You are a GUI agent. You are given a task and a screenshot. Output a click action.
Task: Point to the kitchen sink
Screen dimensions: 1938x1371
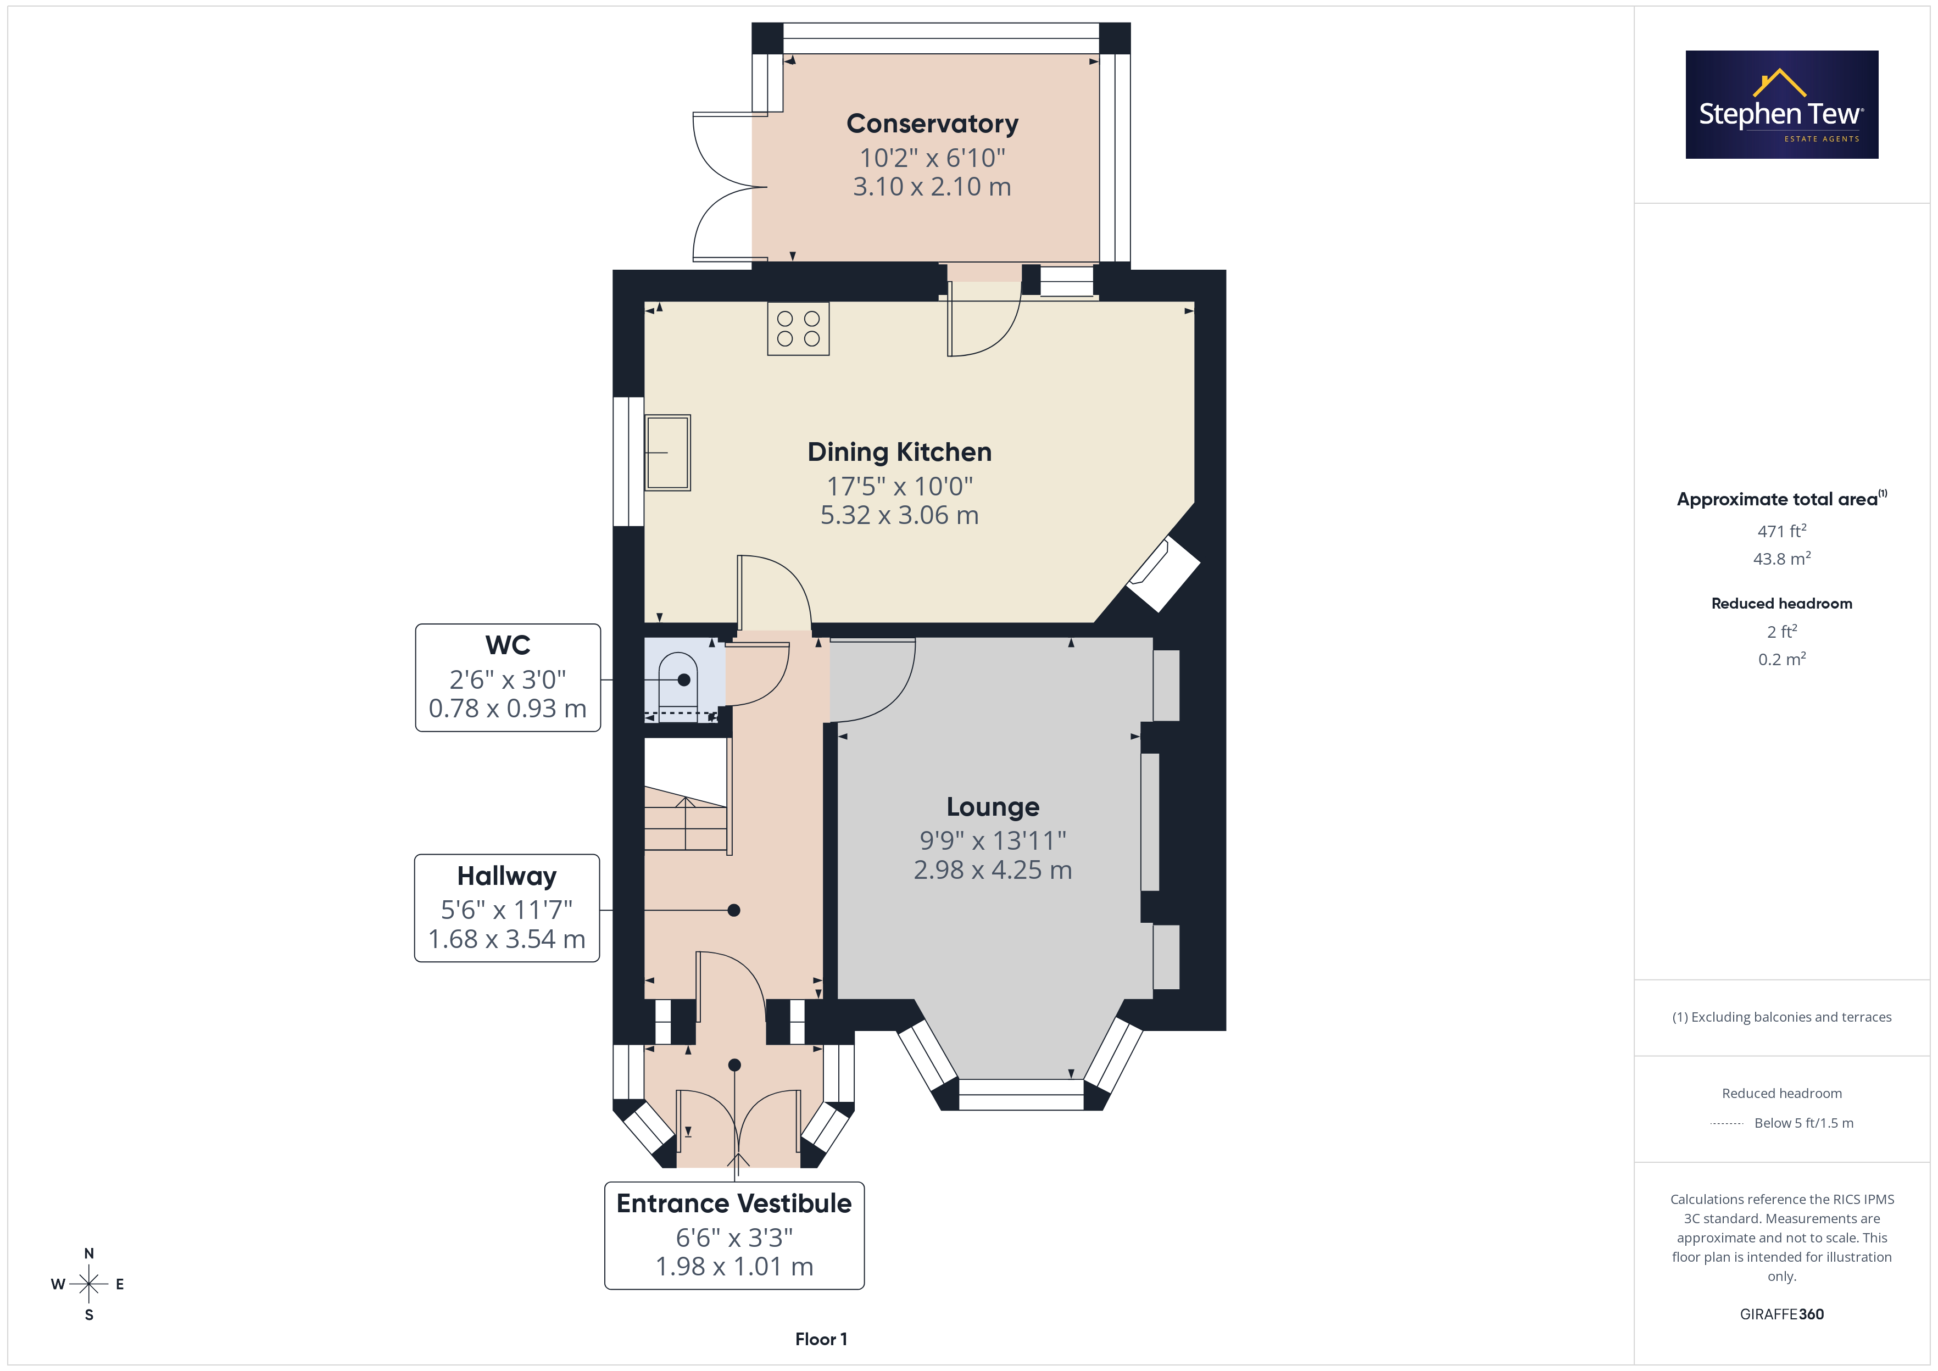(x=667, y=453)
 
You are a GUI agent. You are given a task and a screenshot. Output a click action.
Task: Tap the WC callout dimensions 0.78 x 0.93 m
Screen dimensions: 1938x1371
(x=507, y=708)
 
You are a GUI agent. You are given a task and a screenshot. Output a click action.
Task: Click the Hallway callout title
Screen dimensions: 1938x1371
(x=506, y=876)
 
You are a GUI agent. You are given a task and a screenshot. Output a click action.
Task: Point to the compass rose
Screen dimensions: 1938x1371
(x=88, y=1284)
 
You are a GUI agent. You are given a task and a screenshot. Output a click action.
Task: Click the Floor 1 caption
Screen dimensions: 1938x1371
(x=821, y=1339)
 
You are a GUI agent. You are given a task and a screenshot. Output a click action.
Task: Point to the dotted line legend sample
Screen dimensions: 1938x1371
(x=1727, y=1124)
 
